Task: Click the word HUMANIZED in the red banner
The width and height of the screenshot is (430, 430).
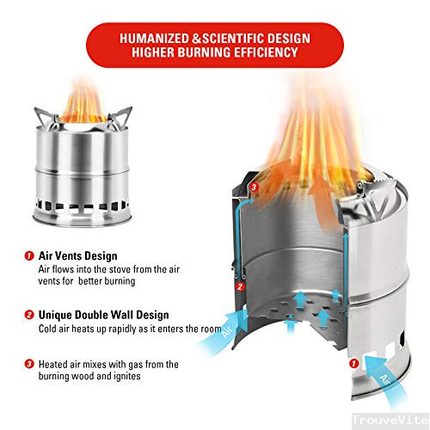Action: click(154, 39)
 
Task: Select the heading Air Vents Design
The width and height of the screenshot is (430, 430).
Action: click(77, 255)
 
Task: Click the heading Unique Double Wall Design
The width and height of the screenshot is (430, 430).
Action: click(103, 315)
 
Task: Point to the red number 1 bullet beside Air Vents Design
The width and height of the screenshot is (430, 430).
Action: click(29, 255)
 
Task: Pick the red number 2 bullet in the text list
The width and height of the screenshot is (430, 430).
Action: click(29, 315)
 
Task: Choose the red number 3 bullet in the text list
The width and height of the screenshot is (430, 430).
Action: click(29, 365)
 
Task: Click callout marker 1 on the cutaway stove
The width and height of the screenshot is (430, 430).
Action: click(354, 364)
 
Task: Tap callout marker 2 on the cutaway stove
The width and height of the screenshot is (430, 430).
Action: click(240, 286)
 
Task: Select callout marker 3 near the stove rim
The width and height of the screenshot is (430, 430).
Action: click(254, 187)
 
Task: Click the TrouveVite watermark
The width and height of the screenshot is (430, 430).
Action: click(390, 421)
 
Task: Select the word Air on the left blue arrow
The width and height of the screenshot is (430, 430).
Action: click(227, 330)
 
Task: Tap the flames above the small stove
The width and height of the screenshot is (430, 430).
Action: click(83, 101)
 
